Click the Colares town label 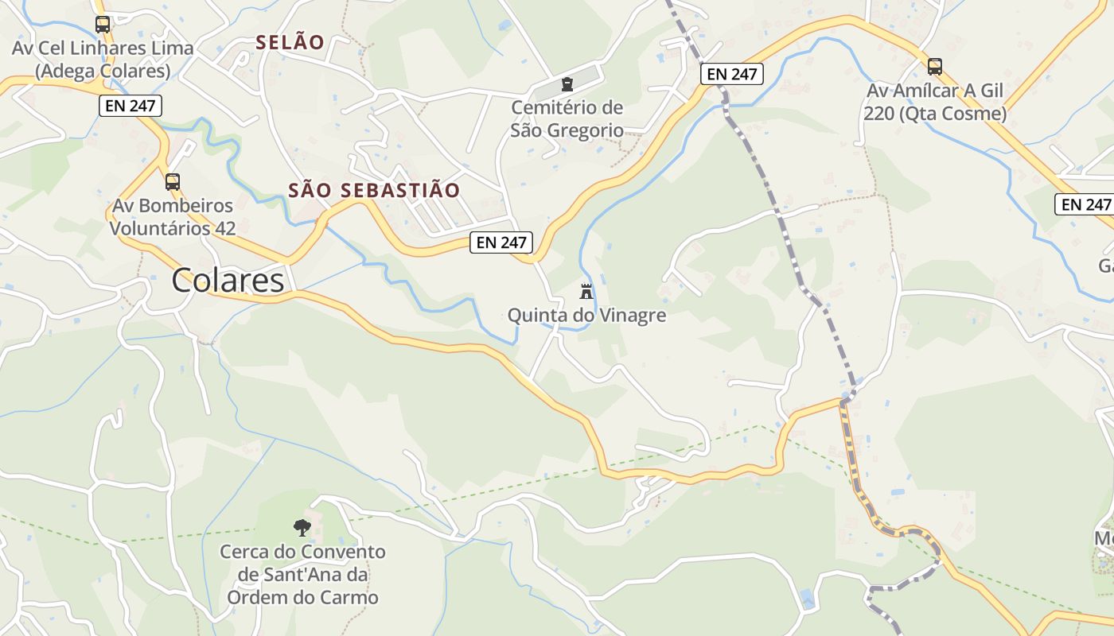(228, 281)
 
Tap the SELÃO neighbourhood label (290, 43)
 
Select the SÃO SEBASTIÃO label (374, 191)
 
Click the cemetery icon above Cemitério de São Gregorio (567, 84)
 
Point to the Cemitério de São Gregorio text (567, 118)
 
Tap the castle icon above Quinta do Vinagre (586, 291)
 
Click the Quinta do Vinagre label (586, 316)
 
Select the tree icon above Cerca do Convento (302, 526)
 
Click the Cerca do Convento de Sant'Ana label (302, 574)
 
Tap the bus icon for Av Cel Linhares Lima (103, 25)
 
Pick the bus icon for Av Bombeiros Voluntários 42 (173, 182)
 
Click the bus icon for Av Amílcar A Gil (935, 67)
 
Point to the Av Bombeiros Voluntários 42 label (173, 217)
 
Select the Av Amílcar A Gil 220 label (935, 102)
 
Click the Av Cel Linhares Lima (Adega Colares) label (103, 60)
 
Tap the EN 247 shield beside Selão (131, 105)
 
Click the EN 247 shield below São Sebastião (501, 242)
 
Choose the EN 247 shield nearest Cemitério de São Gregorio (732, 74)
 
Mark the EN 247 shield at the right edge (1085, 204)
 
